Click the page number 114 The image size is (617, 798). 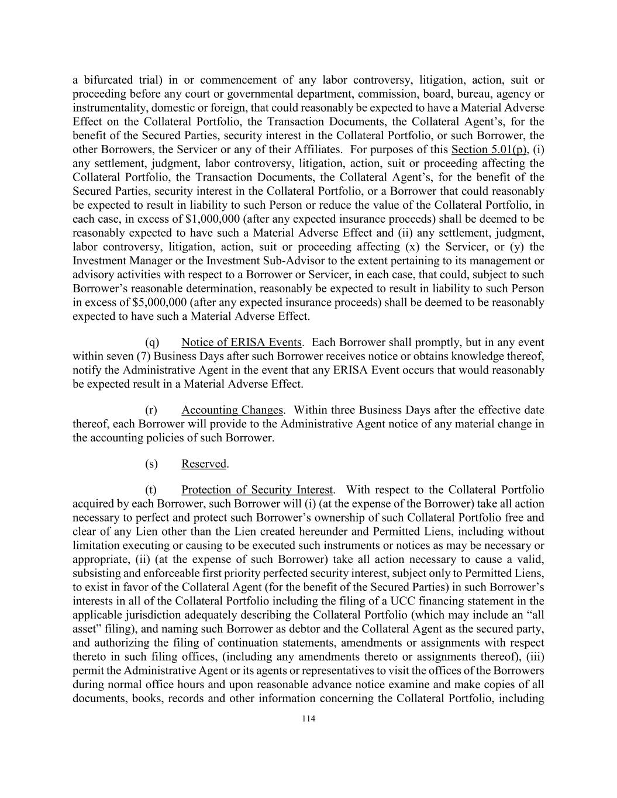(x=308, y=719)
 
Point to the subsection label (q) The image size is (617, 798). (x=151, y=343)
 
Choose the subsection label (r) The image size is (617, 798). (x=151, y=410)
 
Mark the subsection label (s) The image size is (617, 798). (x=151, y=464)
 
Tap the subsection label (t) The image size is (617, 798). (x=151, y=490)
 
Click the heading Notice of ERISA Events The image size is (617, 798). (x=241, y=343)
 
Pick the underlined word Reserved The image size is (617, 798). (x=204, y=464)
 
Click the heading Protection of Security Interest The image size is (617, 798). (x=257, y=490)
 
